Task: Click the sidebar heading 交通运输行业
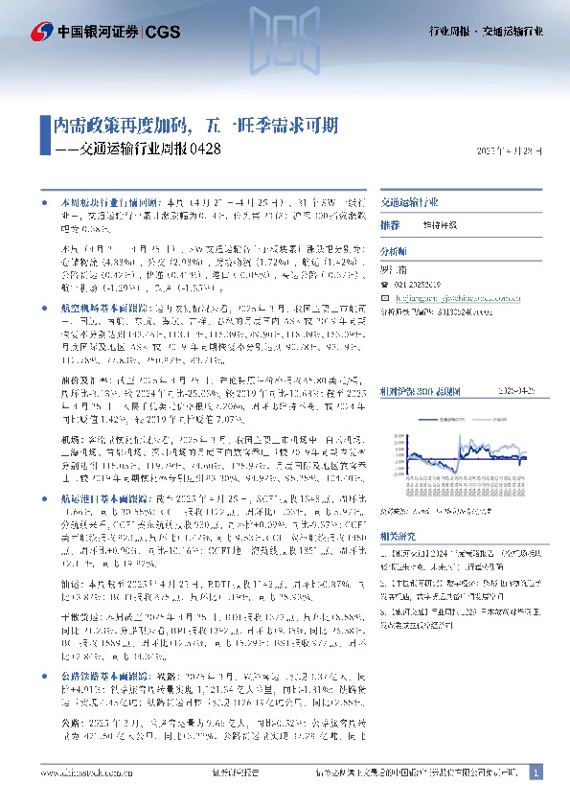(x=409, y=203)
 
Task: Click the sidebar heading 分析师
(x=394, y=249)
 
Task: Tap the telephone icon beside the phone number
(x=385, y=285)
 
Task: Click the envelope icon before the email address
(x=385, y=298)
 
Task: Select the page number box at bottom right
(x=536, y=772)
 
